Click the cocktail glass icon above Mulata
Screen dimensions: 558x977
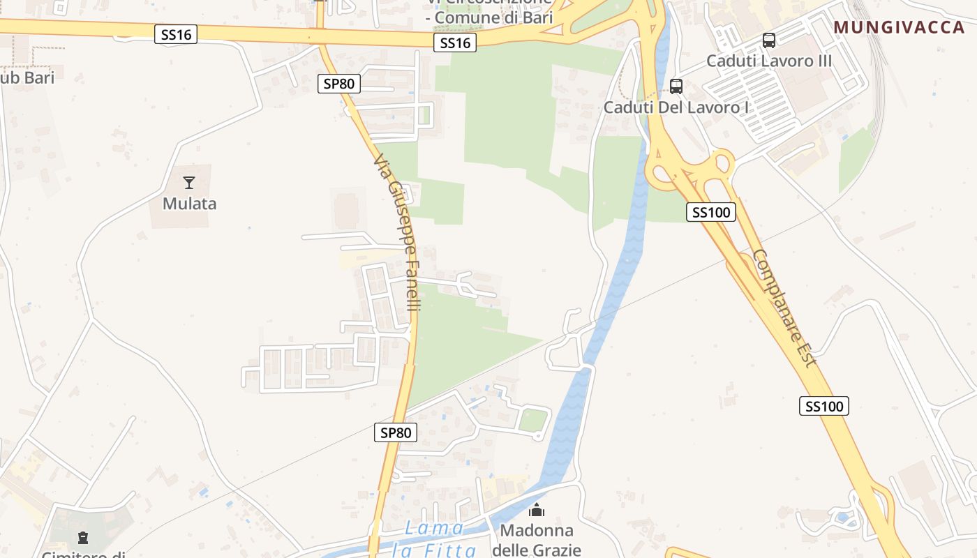[189, 183]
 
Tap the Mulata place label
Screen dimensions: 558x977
[189, 204]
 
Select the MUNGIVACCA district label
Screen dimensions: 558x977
[900, 27]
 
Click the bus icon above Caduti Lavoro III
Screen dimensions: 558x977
[769, 40]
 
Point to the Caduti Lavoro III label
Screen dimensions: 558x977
[769, 61]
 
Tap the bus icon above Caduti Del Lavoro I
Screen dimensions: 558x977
[676, 86]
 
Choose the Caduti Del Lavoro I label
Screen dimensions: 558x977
[676, 107]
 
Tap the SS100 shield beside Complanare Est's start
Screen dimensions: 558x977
[711, 212]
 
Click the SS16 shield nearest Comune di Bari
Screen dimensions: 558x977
[455, 43]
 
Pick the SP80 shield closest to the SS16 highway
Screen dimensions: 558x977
[339, 84]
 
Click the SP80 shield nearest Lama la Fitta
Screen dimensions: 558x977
[396, 432]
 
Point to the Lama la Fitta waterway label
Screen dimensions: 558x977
[434, 539]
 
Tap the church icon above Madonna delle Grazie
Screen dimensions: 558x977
[536, 511]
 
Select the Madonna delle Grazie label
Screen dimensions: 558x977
[536, 540]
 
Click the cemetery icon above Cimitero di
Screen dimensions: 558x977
[83, 538]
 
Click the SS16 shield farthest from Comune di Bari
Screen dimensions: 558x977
[176, 33]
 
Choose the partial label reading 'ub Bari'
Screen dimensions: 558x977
[27, 77]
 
